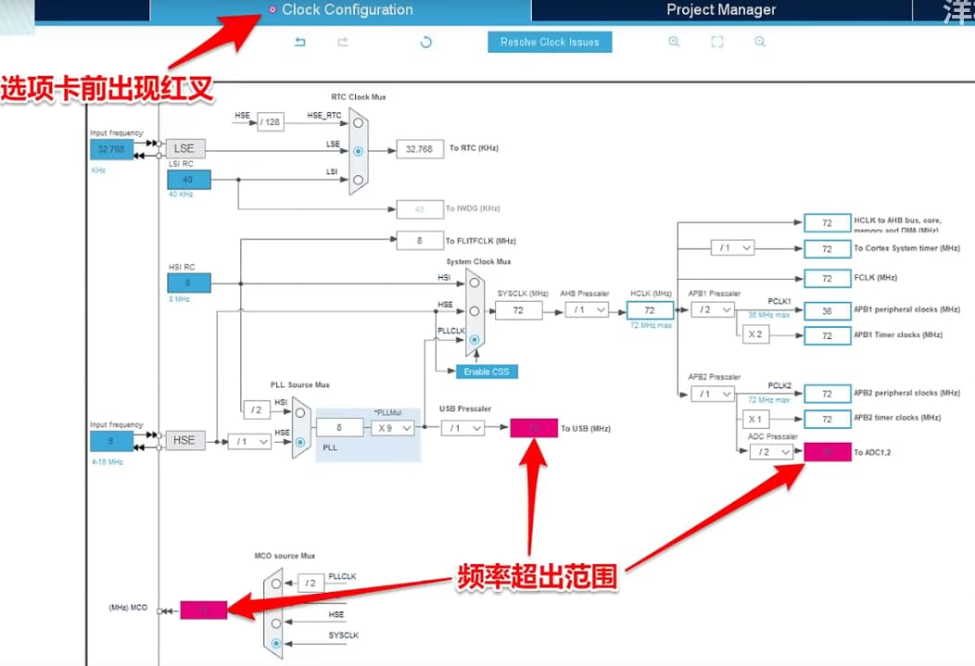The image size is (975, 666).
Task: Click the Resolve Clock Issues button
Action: coord(550,42)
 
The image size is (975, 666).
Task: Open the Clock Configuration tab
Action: coord(347,10)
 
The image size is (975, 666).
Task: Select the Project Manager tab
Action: coord(721,10)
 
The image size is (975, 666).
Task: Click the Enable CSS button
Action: coord(487,371)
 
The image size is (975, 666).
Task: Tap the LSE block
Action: coord(185,149)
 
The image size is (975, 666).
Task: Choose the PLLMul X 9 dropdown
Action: coord(392,428)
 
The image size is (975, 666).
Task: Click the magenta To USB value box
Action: coord(534,428)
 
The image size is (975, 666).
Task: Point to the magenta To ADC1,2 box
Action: coord(827,452)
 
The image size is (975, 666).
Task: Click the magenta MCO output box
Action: coord(203,610)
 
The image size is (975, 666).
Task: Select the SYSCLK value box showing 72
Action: coord(518,310)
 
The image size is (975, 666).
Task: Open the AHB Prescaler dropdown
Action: coord(588,310)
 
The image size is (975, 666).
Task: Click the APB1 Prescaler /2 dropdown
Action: coord(713,310)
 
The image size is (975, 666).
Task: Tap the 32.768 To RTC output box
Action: coord(420,149)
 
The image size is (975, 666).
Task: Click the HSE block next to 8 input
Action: coord(185,440)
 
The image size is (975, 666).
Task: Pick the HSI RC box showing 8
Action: coord(189,283)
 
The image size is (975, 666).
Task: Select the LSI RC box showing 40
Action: coord(189,179)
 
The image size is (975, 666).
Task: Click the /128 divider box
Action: coord(270,121)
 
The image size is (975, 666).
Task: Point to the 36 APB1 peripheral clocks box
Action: coord(827,311)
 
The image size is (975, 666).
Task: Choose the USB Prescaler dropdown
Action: coord(462,428)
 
